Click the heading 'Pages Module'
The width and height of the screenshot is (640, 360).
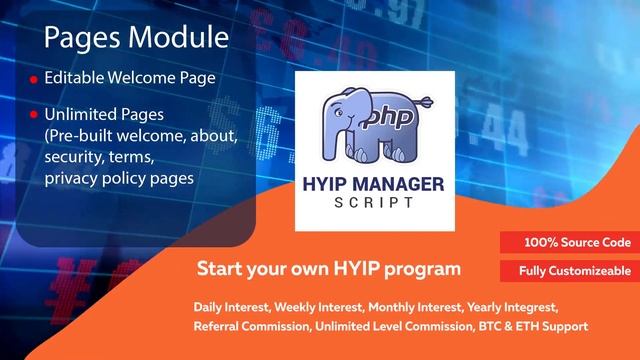click(136, 38)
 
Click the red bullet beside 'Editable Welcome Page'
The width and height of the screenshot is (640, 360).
click(33, 79)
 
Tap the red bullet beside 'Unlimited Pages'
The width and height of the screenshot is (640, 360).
click(33, 116)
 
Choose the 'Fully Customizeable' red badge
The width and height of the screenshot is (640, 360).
click(574, 271)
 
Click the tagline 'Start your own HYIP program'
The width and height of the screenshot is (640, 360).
click(328, 268)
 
